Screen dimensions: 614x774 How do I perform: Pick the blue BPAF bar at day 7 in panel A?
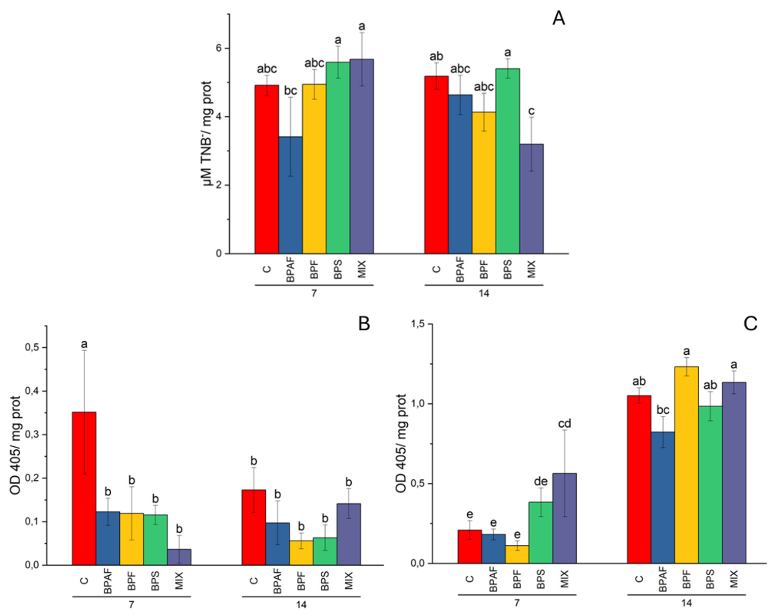pos(290,195)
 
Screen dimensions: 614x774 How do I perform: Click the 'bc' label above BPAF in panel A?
pos(290,91)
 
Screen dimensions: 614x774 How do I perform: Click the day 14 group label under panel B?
pos(301,605)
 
